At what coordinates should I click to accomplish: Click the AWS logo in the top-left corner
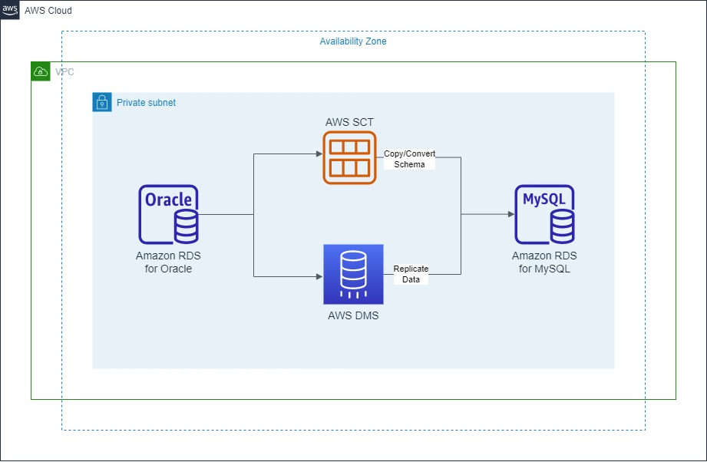pyautogui.click(x=10, y=11)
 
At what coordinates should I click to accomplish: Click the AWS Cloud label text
pyautogui.click(x=48, y=11)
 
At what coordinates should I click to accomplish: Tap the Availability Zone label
pyautogui.click(x=352, y=41)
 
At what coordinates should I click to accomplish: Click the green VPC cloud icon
pyautogui.click(x=41, y=72)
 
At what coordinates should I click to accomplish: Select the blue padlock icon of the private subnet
pyautogui.click(x=102, y=102)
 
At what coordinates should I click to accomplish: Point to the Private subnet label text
pyautogui.click(x=146, y=102)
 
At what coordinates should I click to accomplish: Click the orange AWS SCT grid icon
pyautogui.click(x=349, y=157)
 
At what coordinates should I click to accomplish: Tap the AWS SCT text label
pyautogui.click(x=349, y=122)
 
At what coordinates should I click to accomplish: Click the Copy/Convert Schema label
pyautogui.click(x=409, y=159)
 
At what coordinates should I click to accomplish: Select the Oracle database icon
pyautogui.click(x=168, y=214)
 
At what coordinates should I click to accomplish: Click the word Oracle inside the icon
pyautogui.click(x=168, y=200)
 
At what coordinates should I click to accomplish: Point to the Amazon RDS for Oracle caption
pyautogui.click(x=168, y=262)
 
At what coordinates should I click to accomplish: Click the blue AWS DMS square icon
pyautogui.click(x=353, y=274)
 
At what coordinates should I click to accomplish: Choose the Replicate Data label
pyautogui.click(x=411, y=274)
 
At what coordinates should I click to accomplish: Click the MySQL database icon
pyautogui.click(x=544, y=214)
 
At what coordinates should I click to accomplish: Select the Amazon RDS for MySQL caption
pyautogui.click(x=544, y=262)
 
